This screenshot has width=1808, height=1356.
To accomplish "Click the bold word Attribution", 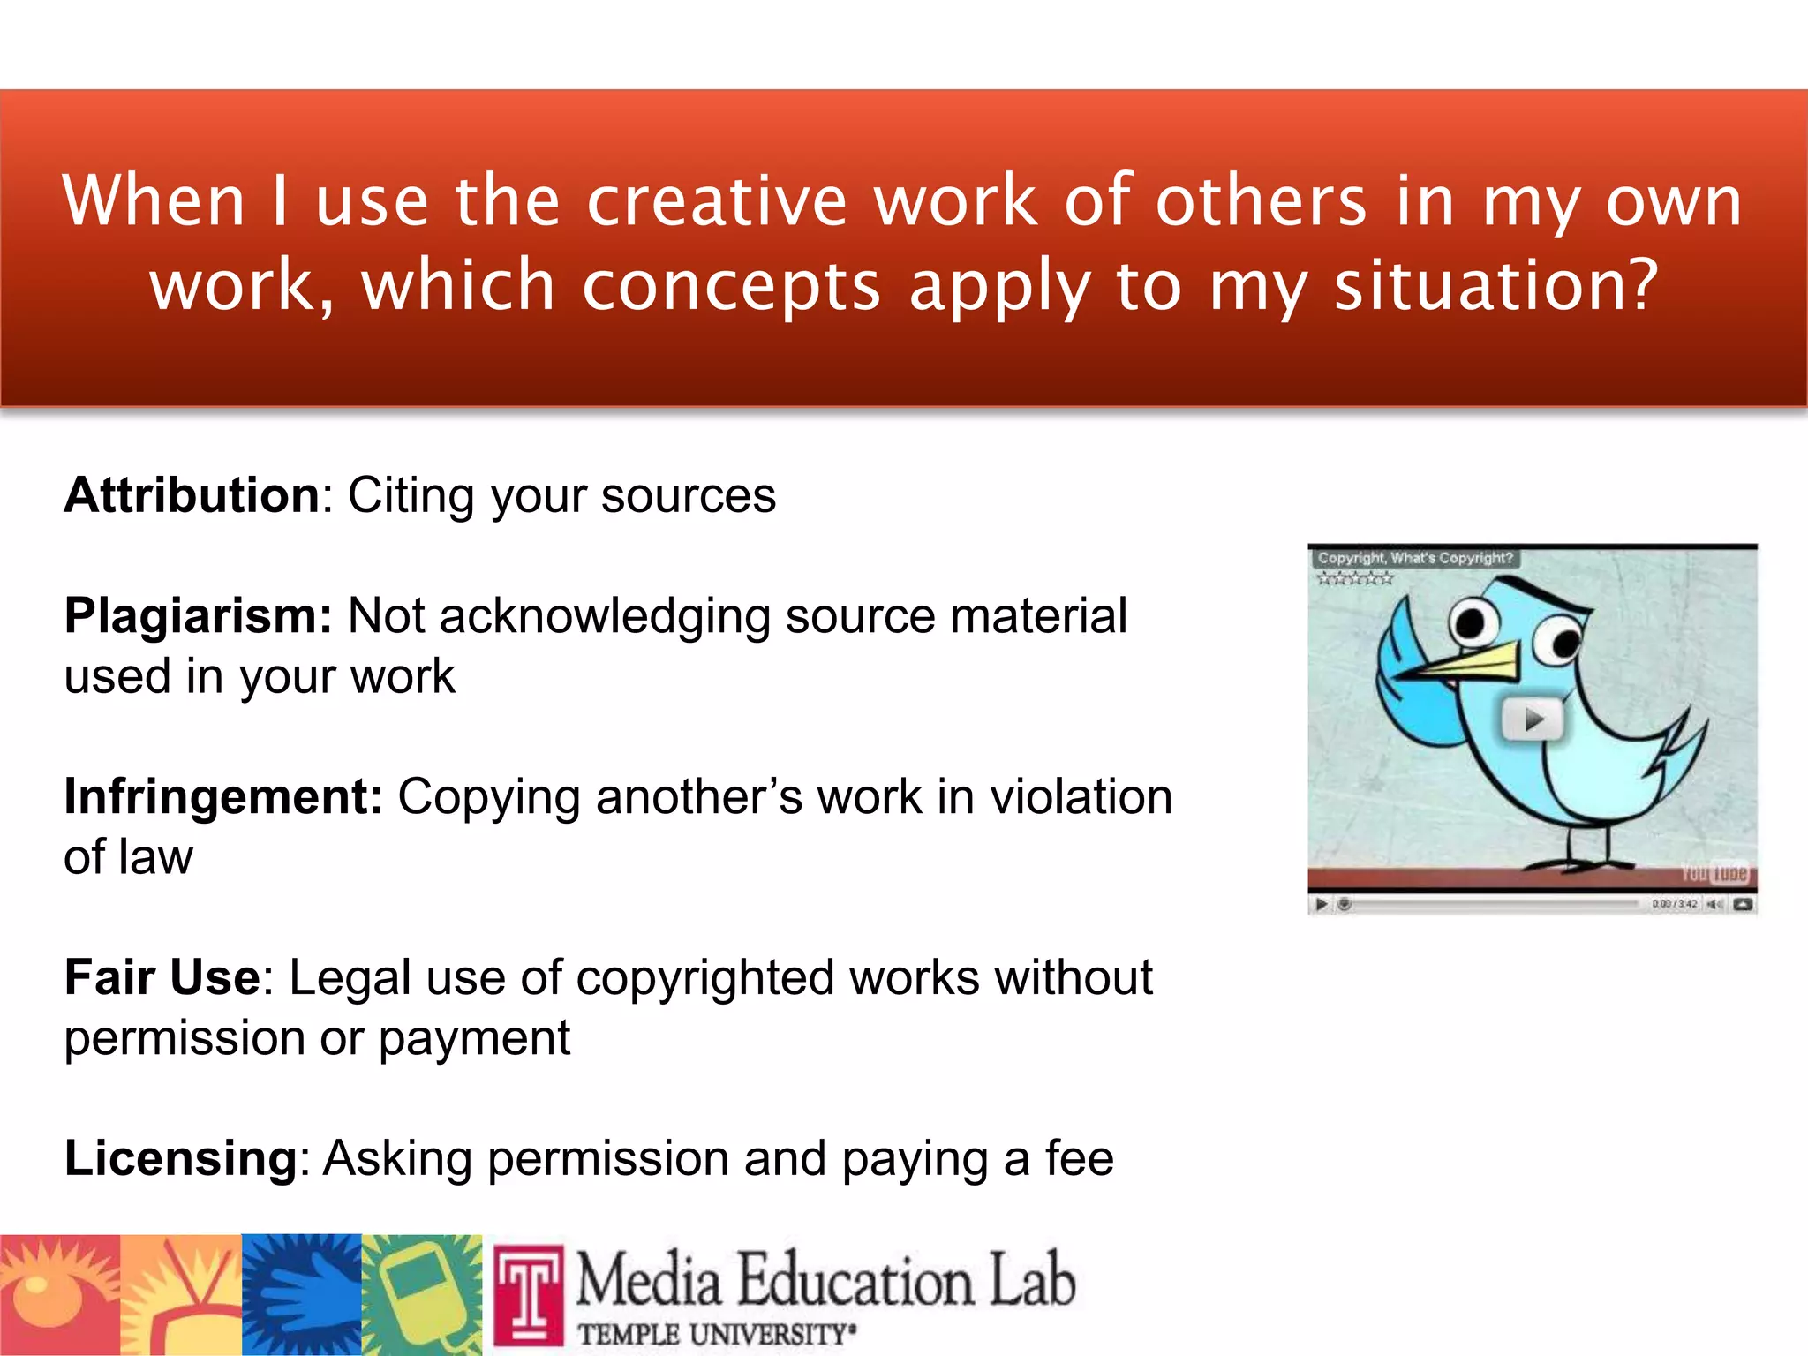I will pyautogui.click(x=192, y=495).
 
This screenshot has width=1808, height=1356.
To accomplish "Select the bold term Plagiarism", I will pyautogui.click(x=197, y=616).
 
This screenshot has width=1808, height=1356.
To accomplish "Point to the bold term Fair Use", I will pyautogui.click(x=162, y=978).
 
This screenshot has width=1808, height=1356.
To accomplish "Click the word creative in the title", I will pyautogui.click(x=716, y=202).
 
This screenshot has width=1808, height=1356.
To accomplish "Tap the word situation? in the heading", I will pyautogui.click(x=1496, y=286).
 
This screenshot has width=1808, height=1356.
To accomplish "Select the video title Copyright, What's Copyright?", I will pyautogui.click(x=1414, y=558).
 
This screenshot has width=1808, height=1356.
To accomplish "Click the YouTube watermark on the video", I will pyautogui.click(x=1714, y=873).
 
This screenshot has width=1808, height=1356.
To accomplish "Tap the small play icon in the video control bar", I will pyautogui.click(x=1322, y=904).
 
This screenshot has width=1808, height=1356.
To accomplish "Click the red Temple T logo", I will pyautogui.click(x=528, y=1293).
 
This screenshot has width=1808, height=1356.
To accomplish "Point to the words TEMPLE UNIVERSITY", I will pyautogui.click(x=715, y=1334).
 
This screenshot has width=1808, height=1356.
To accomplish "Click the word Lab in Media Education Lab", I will pyautogui.click(x=1030, y=1280).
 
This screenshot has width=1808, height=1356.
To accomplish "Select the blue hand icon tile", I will pyautogui.click(x=301, y=1294).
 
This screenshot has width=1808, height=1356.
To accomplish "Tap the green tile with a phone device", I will pyautogui.click(x=422, y=1294).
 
